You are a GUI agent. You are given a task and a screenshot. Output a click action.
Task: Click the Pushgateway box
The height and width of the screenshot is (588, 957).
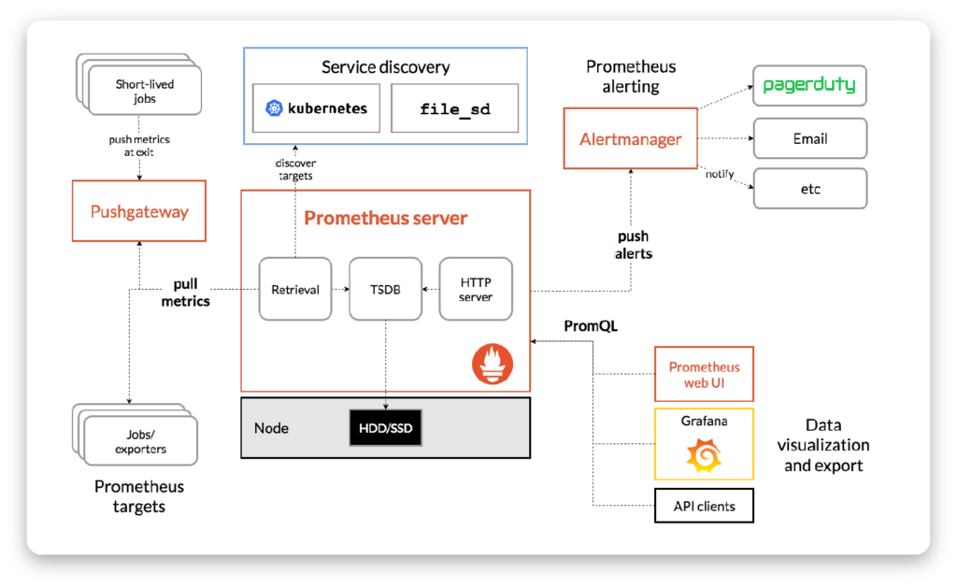tap(139, 210)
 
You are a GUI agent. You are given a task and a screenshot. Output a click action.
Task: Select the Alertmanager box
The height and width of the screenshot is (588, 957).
tap(631, 138)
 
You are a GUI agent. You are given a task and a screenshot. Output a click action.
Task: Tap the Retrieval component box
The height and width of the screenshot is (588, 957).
tap(295, 289)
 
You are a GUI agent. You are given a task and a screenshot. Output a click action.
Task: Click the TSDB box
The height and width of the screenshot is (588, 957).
tap(385, 289)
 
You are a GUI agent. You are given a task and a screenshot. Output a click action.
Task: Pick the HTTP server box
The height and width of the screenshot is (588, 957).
tap(476, 289)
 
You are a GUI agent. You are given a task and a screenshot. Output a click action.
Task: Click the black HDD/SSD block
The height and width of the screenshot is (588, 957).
tap(385, 428)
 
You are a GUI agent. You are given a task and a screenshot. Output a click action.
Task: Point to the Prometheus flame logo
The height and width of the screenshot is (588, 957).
tap(493, 364)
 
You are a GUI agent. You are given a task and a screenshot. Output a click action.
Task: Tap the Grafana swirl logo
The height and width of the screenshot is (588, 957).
tap(704, 455)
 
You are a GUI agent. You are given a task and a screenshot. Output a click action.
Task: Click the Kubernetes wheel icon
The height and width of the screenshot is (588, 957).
tap(274, 108)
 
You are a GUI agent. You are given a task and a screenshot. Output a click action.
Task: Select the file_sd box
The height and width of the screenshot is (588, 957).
tap(455, 108)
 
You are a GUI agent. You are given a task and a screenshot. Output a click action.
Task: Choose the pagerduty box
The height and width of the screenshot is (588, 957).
tap(809, 85)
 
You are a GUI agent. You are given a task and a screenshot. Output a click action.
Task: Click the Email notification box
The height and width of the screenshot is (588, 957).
tap(810, 138)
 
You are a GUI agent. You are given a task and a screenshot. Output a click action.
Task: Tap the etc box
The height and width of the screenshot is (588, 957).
tap(810, 189)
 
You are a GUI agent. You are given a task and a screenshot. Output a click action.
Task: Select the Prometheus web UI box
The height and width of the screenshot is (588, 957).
tap(704, 374)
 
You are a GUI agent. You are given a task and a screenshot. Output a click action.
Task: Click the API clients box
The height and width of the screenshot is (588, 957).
tap(704, 506)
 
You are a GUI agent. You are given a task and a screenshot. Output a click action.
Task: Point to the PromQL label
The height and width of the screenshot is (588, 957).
tap(591, 326)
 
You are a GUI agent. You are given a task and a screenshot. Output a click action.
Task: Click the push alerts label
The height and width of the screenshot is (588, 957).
tap(633, 245)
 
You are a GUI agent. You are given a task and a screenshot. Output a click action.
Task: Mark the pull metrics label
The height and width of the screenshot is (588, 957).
tap(186, 293)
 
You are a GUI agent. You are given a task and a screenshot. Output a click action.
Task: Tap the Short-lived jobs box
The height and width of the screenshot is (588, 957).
tap(145, 91)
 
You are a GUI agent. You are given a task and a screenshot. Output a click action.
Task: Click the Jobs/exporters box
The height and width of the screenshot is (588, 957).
tap(140, 441)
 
